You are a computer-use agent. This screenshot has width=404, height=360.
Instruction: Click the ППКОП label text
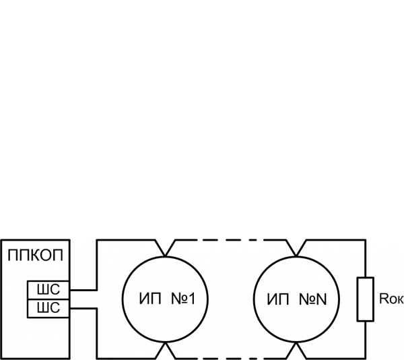tap(36, 256)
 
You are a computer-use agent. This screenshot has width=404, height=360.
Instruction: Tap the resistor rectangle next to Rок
tap(365, 299)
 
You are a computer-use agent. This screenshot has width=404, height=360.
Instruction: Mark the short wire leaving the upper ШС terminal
tap(83, 291)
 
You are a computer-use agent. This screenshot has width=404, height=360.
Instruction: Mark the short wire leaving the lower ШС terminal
tap(83, 307)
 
